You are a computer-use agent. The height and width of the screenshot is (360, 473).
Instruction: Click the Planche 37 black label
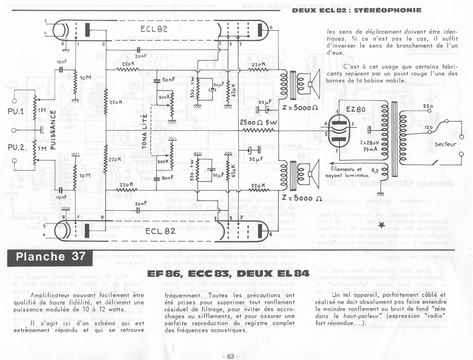coord(50,257)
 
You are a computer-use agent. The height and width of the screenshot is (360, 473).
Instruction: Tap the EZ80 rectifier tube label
coord(356,109)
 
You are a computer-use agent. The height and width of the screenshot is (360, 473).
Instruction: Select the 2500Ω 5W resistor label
coord(259,122)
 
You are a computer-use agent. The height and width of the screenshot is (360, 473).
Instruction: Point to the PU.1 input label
coord(16,111)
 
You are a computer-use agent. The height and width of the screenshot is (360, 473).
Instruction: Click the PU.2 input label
coord(17,147)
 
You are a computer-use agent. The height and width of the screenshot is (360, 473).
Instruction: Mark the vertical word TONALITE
coord(144,131)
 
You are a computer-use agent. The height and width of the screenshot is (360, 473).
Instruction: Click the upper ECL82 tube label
coord(154,29)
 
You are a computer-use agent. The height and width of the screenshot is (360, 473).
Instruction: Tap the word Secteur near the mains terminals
coord(445,144)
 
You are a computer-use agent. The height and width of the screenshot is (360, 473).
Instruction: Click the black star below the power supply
coord(381,225)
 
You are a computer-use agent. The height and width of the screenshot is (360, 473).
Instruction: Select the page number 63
coord(230,356)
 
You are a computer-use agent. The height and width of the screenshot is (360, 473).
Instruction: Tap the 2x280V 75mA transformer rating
coord(369,146)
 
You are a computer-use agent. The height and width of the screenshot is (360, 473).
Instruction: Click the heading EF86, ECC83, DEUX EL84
coord(228,274)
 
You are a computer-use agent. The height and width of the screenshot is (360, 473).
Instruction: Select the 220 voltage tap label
coord(428,106)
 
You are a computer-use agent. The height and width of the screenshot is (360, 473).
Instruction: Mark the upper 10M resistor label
coord(85,78)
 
